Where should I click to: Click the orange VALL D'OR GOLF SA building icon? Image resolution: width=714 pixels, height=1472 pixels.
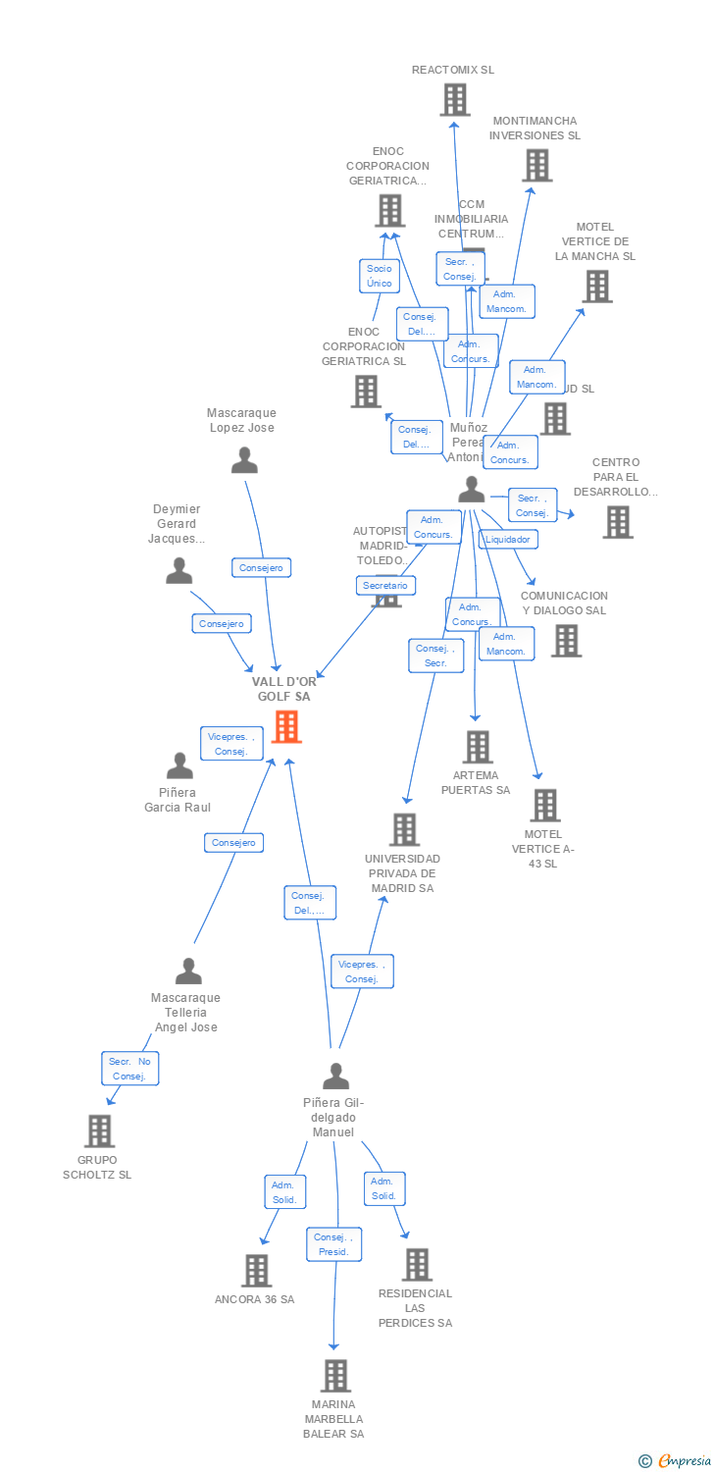[286, 727]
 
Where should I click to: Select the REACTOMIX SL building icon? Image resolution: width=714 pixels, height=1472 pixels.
[454, 100]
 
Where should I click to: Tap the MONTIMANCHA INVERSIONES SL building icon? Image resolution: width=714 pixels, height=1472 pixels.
[536, 166]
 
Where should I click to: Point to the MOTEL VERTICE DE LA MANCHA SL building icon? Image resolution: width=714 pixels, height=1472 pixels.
[596, 286]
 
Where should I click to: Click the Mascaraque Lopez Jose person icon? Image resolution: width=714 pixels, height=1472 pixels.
[244, 459]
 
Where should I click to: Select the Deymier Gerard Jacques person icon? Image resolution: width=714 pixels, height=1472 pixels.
[178, 570]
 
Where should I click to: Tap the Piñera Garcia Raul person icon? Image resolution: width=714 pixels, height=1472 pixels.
[179, 765]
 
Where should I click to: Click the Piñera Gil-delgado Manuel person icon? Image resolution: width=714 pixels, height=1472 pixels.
[335, 1077]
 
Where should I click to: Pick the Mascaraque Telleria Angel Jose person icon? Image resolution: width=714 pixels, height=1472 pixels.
[187, 972]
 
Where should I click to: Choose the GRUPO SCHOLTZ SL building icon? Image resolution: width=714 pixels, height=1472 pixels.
[99, 1130]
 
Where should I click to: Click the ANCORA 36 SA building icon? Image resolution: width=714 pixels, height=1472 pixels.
[256, 1271]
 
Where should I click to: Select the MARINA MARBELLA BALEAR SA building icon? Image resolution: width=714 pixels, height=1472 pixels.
[335, 1376]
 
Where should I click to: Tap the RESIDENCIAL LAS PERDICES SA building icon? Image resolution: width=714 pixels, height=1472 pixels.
[417, 1265]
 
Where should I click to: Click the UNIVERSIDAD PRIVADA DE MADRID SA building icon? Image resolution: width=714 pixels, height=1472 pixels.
[404, 829]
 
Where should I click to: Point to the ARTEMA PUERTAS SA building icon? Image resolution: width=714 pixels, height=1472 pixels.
[477, 747]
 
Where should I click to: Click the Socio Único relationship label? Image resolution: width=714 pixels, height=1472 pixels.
[380, 276]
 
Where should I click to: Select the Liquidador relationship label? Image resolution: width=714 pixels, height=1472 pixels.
[508, 540]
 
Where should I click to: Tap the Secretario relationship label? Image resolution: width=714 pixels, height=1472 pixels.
[385, 586]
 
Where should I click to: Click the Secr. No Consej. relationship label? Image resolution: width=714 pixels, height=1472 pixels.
[129, 1069]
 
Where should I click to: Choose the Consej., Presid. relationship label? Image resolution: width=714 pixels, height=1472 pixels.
[333, 1244]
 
